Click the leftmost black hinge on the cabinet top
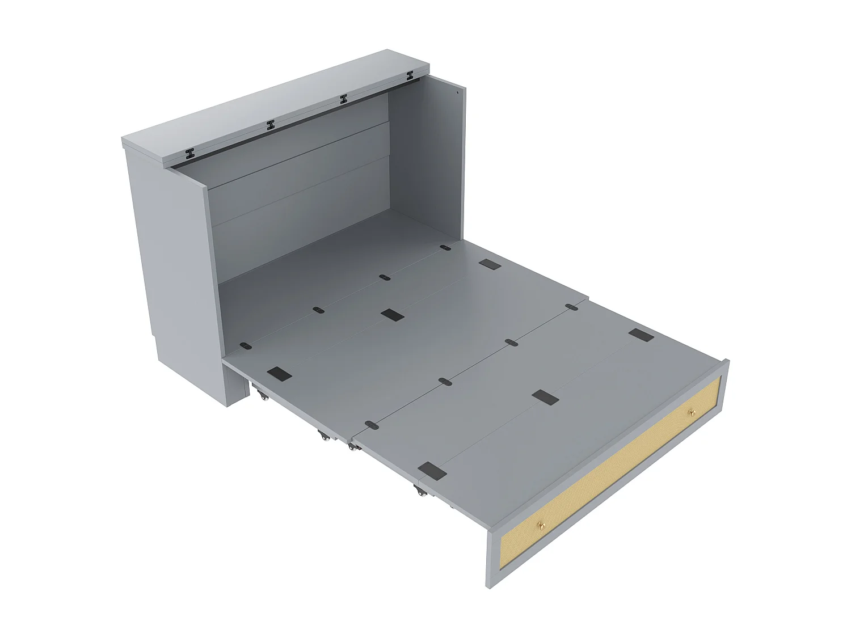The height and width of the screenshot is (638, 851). click(x=191, y=153)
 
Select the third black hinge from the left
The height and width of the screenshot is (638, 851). click(x=343, y=99)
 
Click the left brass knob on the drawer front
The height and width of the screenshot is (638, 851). click(x=541, y=525)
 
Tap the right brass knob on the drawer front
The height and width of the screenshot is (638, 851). click(x=691, y=412)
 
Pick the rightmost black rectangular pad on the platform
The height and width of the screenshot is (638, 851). click(x=641, y=335)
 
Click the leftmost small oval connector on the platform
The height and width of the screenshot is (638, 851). click(x=245, y=345)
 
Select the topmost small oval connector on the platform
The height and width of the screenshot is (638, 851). click(x=445, y=248)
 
